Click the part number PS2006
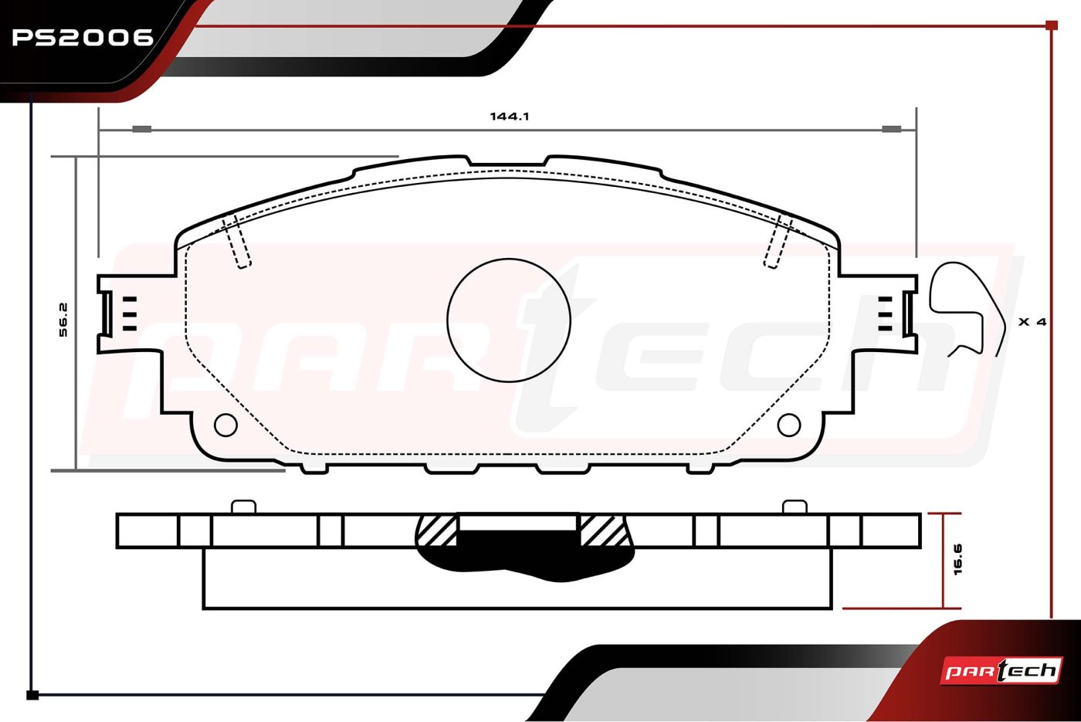click(x=83, y=37)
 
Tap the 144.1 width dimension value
click(x=510, y=117)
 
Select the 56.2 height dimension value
click(x=63, y=320)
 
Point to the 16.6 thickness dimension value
click(x=958, y=559)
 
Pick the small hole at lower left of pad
click(x=225, y=425)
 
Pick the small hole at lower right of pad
click(x=789, y=425)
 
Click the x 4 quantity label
click(x=1032, y=321)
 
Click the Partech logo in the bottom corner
click(x=1001, y=671)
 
